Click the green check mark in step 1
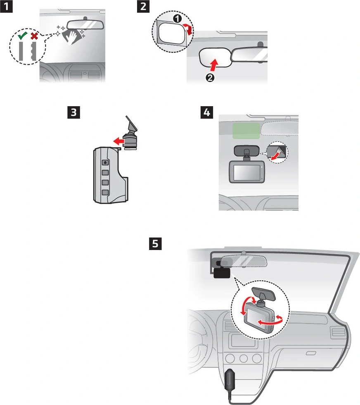(23, 37)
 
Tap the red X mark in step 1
(34, 37)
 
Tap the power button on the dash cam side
(105, 162)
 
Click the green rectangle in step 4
(245, 130)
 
